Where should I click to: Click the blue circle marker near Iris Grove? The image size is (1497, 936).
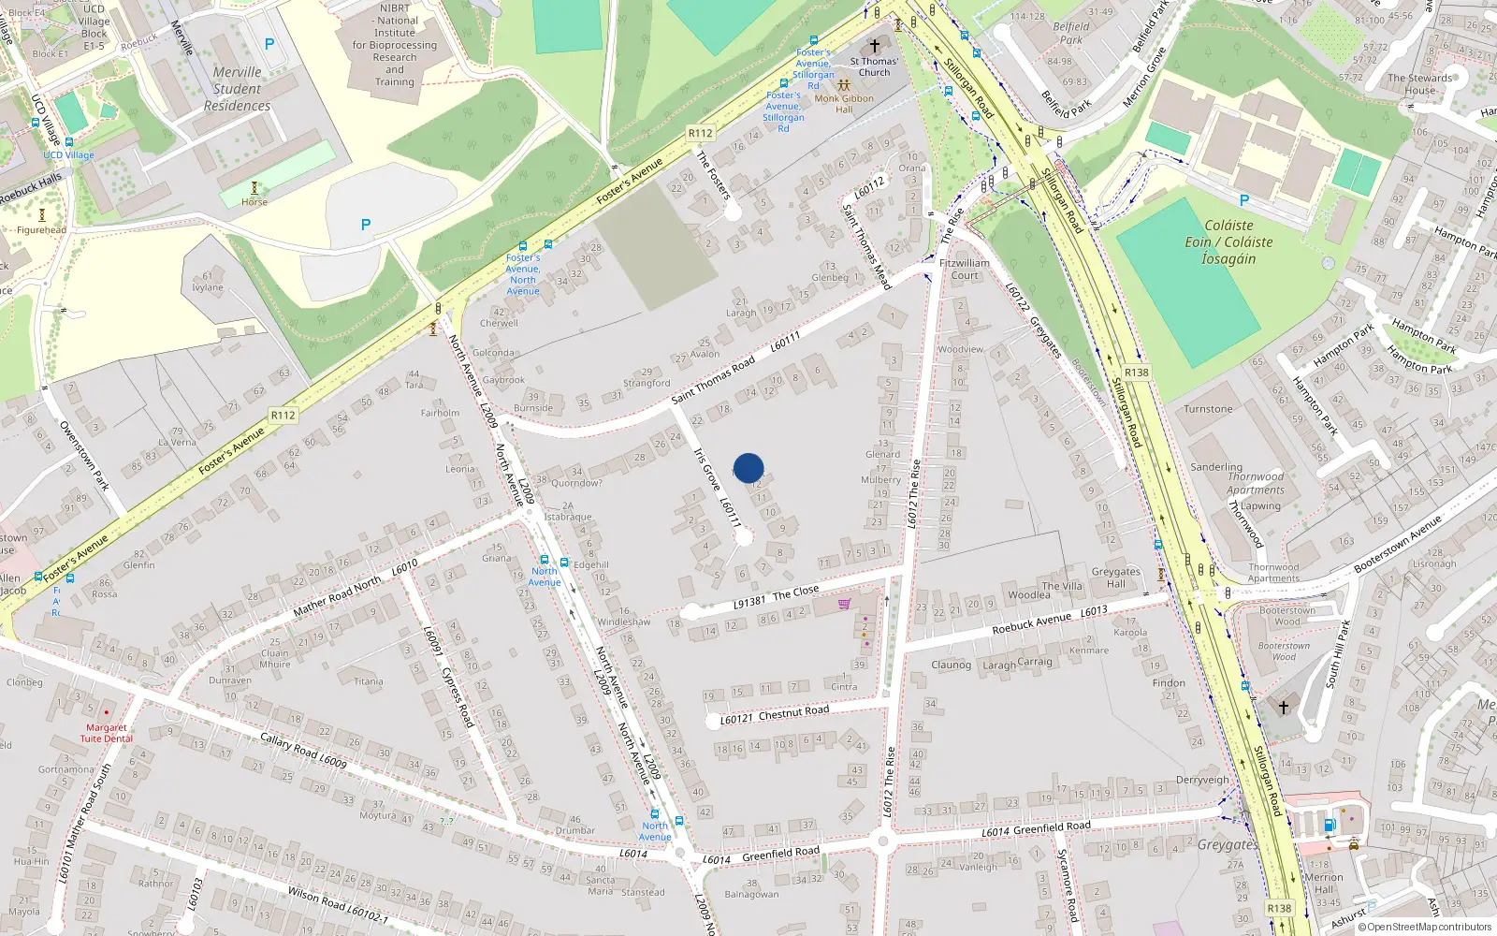tap(748, 468)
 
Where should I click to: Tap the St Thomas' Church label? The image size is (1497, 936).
tap(874, 66)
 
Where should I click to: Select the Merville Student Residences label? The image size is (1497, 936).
tap(237, 89)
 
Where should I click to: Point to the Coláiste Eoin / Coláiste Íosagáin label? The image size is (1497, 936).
tap(1228, 241)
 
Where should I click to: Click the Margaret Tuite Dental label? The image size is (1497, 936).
tap(107, 733)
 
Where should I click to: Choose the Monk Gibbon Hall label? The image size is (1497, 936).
tap(844, 103)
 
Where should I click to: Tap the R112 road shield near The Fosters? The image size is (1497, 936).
tap(700, 133)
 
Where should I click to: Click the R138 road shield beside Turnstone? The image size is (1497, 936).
tap(1136, 373)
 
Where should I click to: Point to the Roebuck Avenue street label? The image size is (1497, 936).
tap(1031, 623)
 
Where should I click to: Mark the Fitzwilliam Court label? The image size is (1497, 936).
tap(965, 270)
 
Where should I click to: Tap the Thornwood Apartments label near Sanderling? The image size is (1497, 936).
tap(1256, 483)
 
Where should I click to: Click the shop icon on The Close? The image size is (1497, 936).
tap(845, 604)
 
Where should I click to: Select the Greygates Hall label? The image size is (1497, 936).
tap(1115, 578)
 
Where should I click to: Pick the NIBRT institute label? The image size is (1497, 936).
tap(395, 45)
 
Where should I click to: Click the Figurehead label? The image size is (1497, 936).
tap(42, 230)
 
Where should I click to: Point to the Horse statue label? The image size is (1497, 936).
tap(254, 202)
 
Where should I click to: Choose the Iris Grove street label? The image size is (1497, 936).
tap(706, 470)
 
